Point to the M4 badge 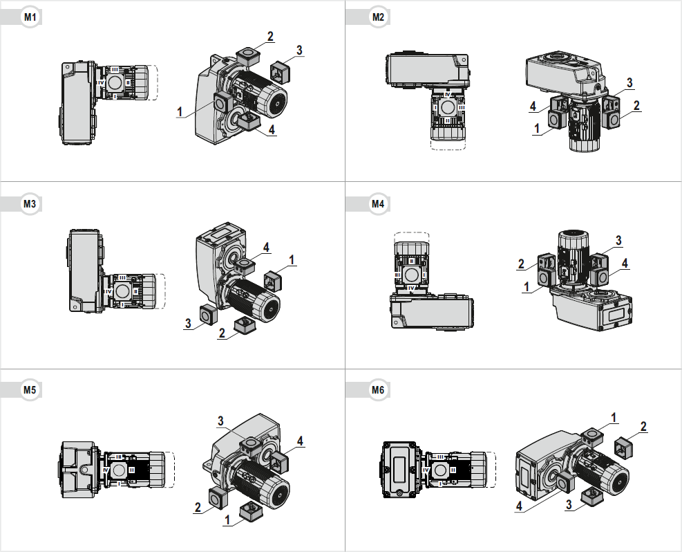377,203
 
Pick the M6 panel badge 377,389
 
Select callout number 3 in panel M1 299,50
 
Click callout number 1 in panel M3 292,259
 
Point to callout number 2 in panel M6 643,426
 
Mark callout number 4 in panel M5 300,441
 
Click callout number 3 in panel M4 618,240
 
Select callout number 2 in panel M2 636,106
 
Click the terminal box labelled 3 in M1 279,70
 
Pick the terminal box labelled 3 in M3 207,315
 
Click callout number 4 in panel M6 519,506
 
